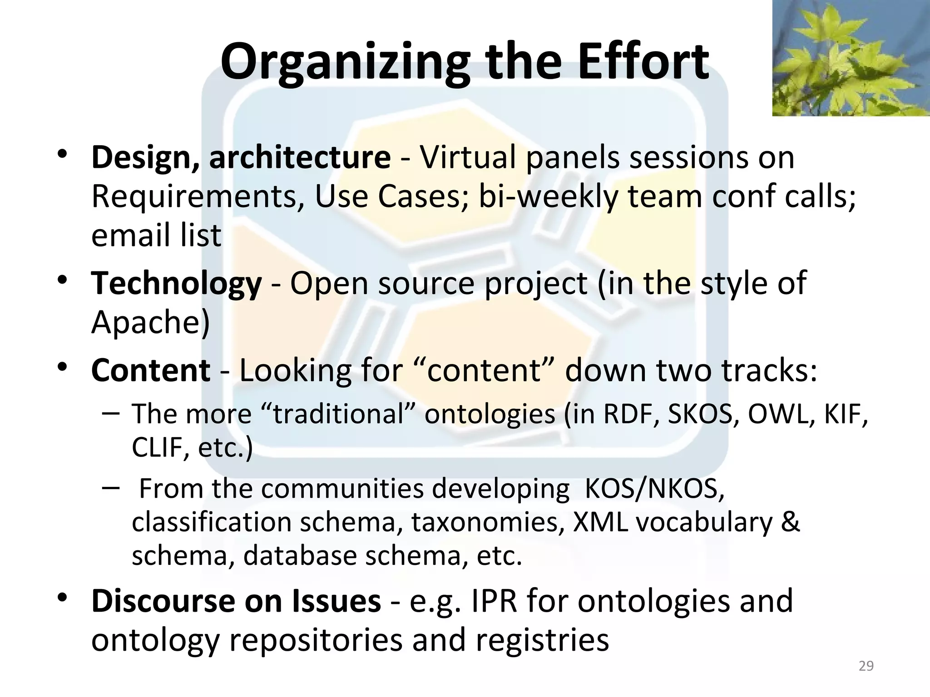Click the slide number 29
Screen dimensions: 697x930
point(866,666)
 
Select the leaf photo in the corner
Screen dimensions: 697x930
point(851,58)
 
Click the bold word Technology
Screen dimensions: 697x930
point(176,283)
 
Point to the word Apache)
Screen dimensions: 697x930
point(150,322)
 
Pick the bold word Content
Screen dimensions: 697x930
point(150,370)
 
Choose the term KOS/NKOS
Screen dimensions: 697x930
point(654,489)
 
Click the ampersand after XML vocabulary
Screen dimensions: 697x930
point(791,522)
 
